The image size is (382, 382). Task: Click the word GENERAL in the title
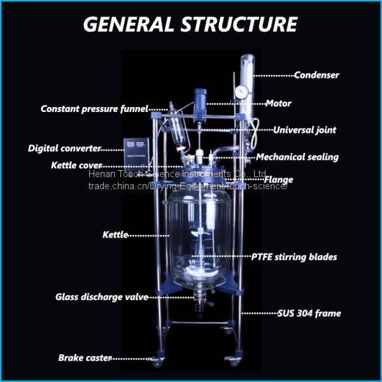pyautogui.click(x=129, y=24)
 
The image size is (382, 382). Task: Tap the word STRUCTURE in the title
pyautogui.click(x=239, y=24)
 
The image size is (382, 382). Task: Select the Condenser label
pyautogui.click(x=316, y=75)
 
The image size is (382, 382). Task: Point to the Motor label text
pyautogui.click(x=278, y=104)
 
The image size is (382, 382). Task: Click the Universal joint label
pyautogui.click(x=304, y=130)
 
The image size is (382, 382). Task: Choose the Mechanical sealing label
pyautogui.click(x=297, y=157)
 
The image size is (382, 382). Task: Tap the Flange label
pyautogui.click(x=278, y=180)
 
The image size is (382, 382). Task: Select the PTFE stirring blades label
pyautogui.click(x=294, y=257)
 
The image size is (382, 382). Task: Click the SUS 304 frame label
pyautogui.click(x=309, y=313)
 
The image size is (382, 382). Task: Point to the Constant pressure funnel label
pyautogui.click(x=94, y=109)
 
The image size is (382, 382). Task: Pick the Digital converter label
pyautogui.click(x=64, y=148)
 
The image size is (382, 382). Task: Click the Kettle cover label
pyautogui.click(x=76, y=166)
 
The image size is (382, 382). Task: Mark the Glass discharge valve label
pyautogui.click(x=102, y=297)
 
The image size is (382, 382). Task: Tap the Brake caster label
pyautogui.click(x=85, y=358)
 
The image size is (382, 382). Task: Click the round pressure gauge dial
pyautogui.click(x=242, y=91)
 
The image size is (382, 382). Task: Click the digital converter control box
pyautogui.click(x=136, y=154)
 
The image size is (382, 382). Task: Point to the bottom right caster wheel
pyautogui.click(x=232, y=361)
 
